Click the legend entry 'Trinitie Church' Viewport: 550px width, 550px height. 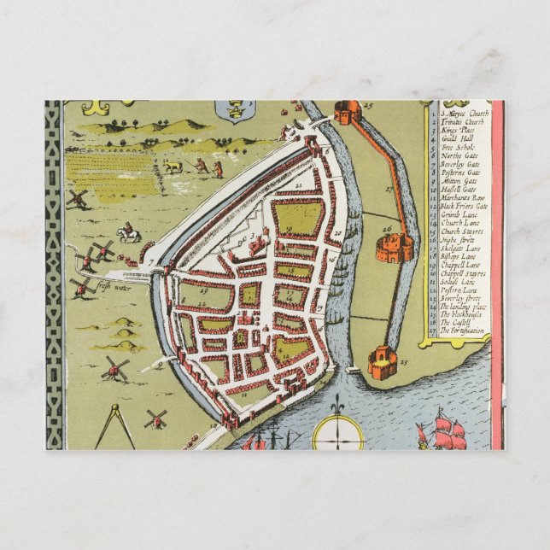[462, 123]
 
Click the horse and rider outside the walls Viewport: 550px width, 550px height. [129, 232]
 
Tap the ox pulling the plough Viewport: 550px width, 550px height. [173, 165]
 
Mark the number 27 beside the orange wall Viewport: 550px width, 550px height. [388, 189]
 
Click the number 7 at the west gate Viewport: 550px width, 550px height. [150, 256]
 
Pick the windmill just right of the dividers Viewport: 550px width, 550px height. [155, 418]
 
